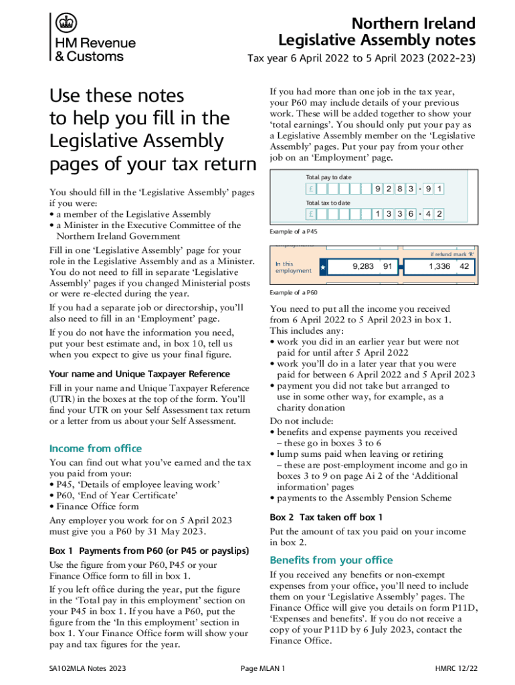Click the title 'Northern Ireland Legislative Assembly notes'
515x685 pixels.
pos(377,31)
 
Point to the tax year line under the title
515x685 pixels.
pos(361,58)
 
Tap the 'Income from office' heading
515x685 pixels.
pos(96,448)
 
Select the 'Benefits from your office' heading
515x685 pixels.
pos(331,560)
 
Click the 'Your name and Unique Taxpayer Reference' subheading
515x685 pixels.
pos(140,374)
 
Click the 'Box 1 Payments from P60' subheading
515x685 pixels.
pos(149,551)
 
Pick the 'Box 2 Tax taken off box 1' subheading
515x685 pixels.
pos(326,517)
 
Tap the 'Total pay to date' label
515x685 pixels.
pos(328,177)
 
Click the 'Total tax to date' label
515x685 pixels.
pos(328,202)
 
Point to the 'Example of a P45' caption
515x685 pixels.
pos(294,231)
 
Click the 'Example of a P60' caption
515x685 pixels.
pos(294,293)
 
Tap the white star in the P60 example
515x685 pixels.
pos(323,268)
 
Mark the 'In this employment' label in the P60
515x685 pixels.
pos(294,267)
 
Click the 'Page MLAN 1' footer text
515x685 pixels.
pos(262,668)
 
